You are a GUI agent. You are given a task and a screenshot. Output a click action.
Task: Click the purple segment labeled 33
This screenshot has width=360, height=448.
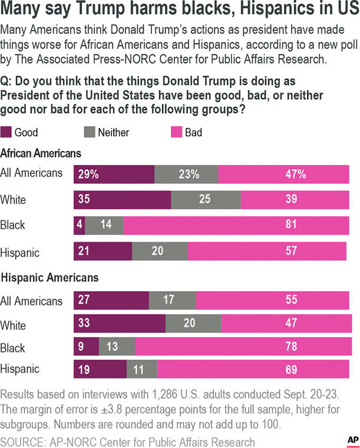pos(119,324)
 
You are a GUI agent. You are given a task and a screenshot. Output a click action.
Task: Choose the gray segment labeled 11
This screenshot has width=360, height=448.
pos(142,370)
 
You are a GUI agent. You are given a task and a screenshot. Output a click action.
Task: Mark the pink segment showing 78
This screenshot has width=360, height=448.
pos(243,347)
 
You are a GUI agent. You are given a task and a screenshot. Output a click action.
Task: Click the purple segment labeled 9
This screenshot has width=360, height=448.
pos(85,347)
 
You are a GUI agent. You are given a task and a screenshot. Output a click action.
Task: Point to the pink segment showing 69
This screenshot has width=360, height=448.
pos(255,370)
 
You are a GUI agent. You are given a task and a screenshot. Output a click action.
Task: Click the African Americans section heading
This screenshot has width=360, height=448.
pos(41,153)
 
